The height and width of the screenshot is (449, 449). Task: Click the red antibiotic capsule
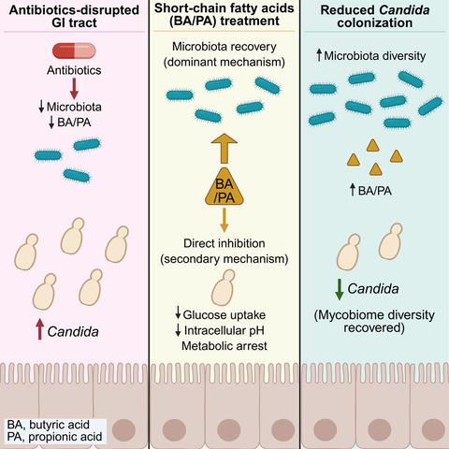(x=74, y=51)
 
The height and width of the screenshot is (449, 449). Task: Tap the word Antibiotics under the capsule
(x=74, y=70)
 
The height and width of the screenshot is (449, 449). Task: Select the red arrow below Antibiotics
(x=74, y=89)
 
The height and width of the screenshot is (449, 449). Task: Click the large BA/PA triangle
(x=224, y=187)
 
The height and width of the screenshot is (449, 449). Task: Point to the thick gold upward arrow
(x=224, y=149)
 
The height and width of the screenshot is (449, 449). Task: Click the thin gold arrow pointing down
(x=224, y=220)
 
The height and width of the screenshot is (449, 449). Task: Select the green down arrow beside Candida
(x=340, y=290)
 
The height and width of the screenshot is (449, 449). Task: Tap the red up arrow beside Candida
(x=39, y=328)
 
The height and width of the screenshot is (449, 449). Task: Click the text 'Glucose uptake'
(x=224, y=315)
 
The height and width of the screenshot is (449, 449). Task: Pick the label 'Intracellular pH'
(x=224, y=330)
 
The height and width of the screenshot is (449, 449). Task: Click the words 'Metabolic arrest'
(x=224, y=346)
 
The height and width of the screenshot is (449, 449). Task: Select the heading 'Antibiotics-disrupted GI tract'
(x=74, y=16)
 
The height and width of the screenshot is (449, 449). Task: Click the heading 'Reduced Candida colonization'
(x=375, y=16)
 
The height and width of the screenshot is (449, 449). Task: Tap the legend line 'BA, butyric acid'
(x=49, y=425)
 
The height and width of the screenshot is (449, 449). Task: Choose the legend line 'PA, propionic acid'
(x=54, y=437)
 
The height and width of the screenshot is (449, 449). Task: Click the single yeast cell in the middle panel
(x=224, y=287)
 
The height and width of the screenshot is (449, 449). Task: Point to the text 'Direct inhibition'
(x=224, y=243)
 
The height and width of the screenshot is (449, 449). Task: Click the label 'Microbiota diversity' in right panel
(x=375, y=56)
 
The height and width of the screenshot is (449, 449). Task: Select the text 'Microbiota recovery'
(x=224, y=47)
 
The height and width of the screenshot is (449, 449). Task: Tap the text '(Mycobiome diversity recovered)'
(x=374, y=321)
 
